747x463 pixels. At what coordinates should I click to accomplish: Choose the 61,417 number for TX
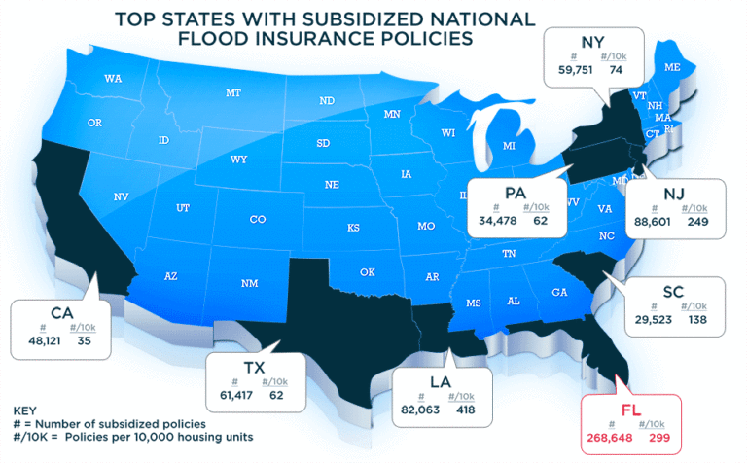click(231, 396)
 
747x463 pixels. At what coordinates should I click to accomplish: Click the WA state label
click(113, 78)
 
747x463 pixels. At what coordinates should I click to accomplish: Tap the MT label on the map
click(233, 93)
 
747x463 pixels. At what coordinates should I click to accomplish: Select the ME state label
click(672, 67)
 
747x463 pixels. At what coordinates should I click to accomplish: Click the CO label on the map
click(258, 220)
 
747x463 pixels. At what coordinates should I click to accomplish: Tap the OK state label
click(367, 272)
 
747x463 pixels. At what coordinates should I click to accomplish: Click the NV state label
click(122, 196)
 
